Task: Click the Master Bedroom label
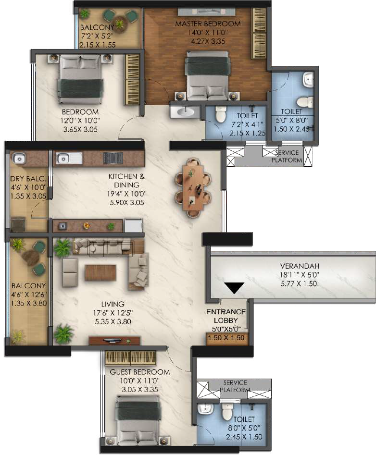pyautogui.click(x=208, y=24)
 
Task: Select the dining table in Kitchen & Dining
pyautogui.click(x=193, y=187)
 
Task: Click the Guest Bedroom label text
pyautogui.click(x=139, y=372)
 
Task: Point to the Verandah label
pyautogui.click(x=300, y=266)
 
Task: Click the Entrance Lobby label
pyautogui.click(x=226, y=316)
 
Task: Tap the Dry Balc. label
pyautogui.click(x=28, y=178)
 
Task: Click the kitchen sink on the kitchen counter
pyautogui.click(x=69, y=159)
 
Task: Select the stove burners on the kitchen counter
pyautogui.click(x=113, y=158)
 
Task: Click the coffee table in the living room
pyautogui.click(x=100, y=273)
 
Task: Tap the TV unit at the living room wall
pyautogui.click(x=115, y=341)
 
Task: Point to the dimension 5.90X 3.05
pyautogui.click(x=127, y=203)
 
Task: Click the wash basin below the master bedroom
pyautogui.click(x=185, y=111)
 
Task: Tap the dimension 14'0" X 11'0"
pyautogui.click(x=208, y=33)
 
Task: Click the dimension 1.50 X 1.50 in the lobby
pyautogui.click(x=226, y=338)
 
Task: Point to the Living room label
pyautogui.click(x=113, y=304)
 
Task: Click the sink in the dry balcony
pyautogui.click(x=19, y=159)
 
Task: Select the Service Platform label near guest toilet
pyautogui.click(x=235, y=386)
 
